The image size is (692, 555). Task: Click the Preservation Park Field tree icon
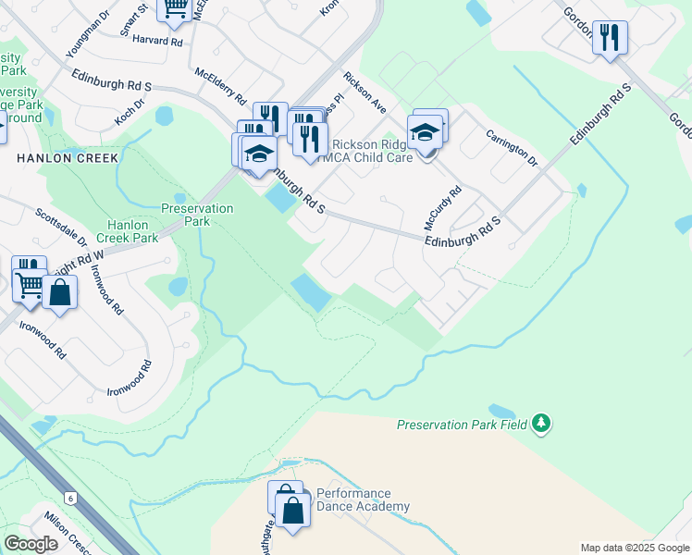click(x=542, y=425)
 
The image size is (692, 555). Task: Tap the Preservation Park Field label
click(x=462, y=425)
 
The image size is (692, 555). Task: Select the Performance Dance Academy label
click(x=363, y=500)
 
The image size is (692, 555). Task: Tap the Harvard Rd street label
click(x=157, y=41)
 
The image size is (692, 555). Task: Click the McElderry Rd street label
click(x=220, y=85)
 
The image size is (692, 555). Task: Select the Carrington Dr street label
click(x=512, y=148)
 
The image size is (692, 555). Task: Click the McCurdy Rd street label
click(x=443, y=211)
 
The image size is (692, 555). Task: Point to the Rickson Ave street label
click(x=365, y=93)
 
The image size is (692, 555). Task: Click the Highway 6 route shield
click(x=70, y=498)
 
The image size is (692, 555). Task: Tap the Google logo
click(x=31, y=544)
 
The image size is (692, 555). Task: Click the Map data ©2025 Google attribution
click(x=635, y=548)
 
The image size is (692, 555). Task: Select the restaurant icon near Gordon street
click(x=609, y=38)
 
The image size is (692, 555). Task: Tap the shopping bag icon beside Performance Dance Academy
click(x=292, y=511)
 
